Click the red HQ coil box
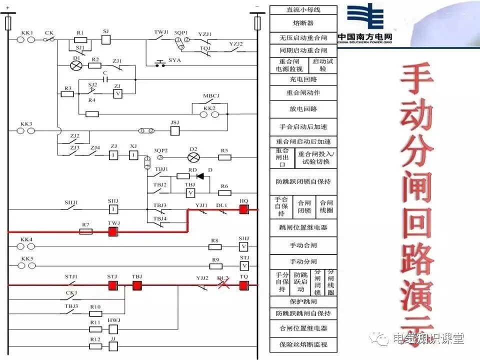tap(243, 210)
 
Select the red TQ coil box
tap(243, 285)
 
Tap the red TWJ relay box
tap(113, 231)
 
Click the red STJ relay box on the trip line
tap(112, 285)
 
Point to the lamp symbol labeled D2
tap(193, 157)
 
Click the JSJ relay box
tap(175, 130)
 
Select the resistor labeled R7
tap(86, 231)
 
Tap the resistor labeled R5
tap(224, 157)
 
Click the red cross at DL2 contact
tap(222, 284)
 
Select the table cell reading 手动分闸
tap(303, 261)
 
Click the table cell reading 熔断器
tap(303, 23)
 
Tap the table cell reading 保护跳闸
tap(303, 302)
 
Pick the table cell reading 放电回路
tap(303, 108)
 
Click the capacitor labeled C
tap(105, 79)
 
